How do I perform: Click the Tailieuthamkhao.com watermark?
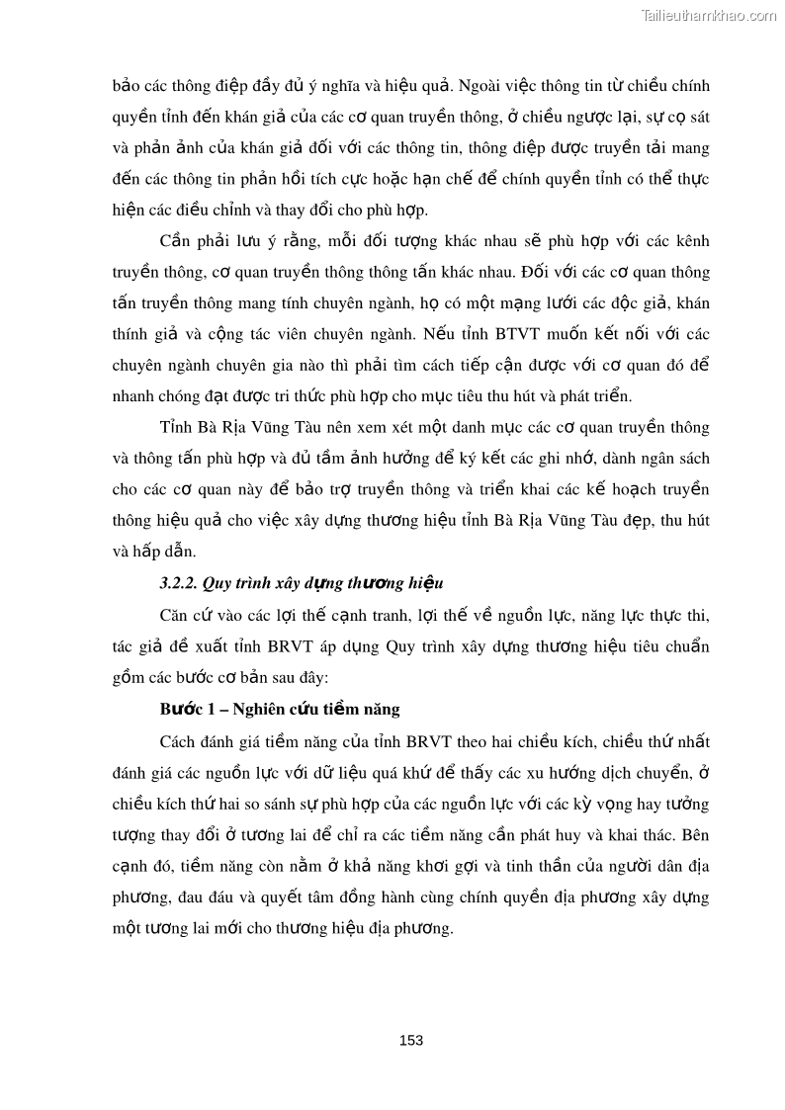tap(709, 15)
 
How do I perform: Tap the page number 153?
tap(411, 1040)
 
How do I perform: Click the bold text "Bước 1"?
tap(187, 710)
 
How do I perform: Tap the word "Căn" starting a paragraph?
tap(173, 615)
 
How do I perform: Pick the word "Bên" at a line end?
tap(696, 834)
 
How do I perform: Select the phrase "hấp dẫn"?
tap(162, 552)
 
